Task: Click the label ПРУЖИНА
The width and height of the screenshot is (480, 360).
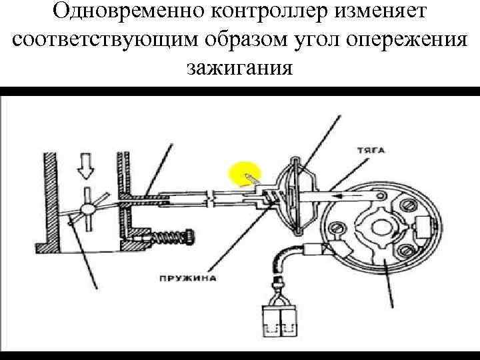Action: pyautogui.click(x=188, y=278)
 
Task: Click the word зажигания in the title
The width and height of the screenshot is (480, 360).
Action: pyautogui.click(x=240, y=67)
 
